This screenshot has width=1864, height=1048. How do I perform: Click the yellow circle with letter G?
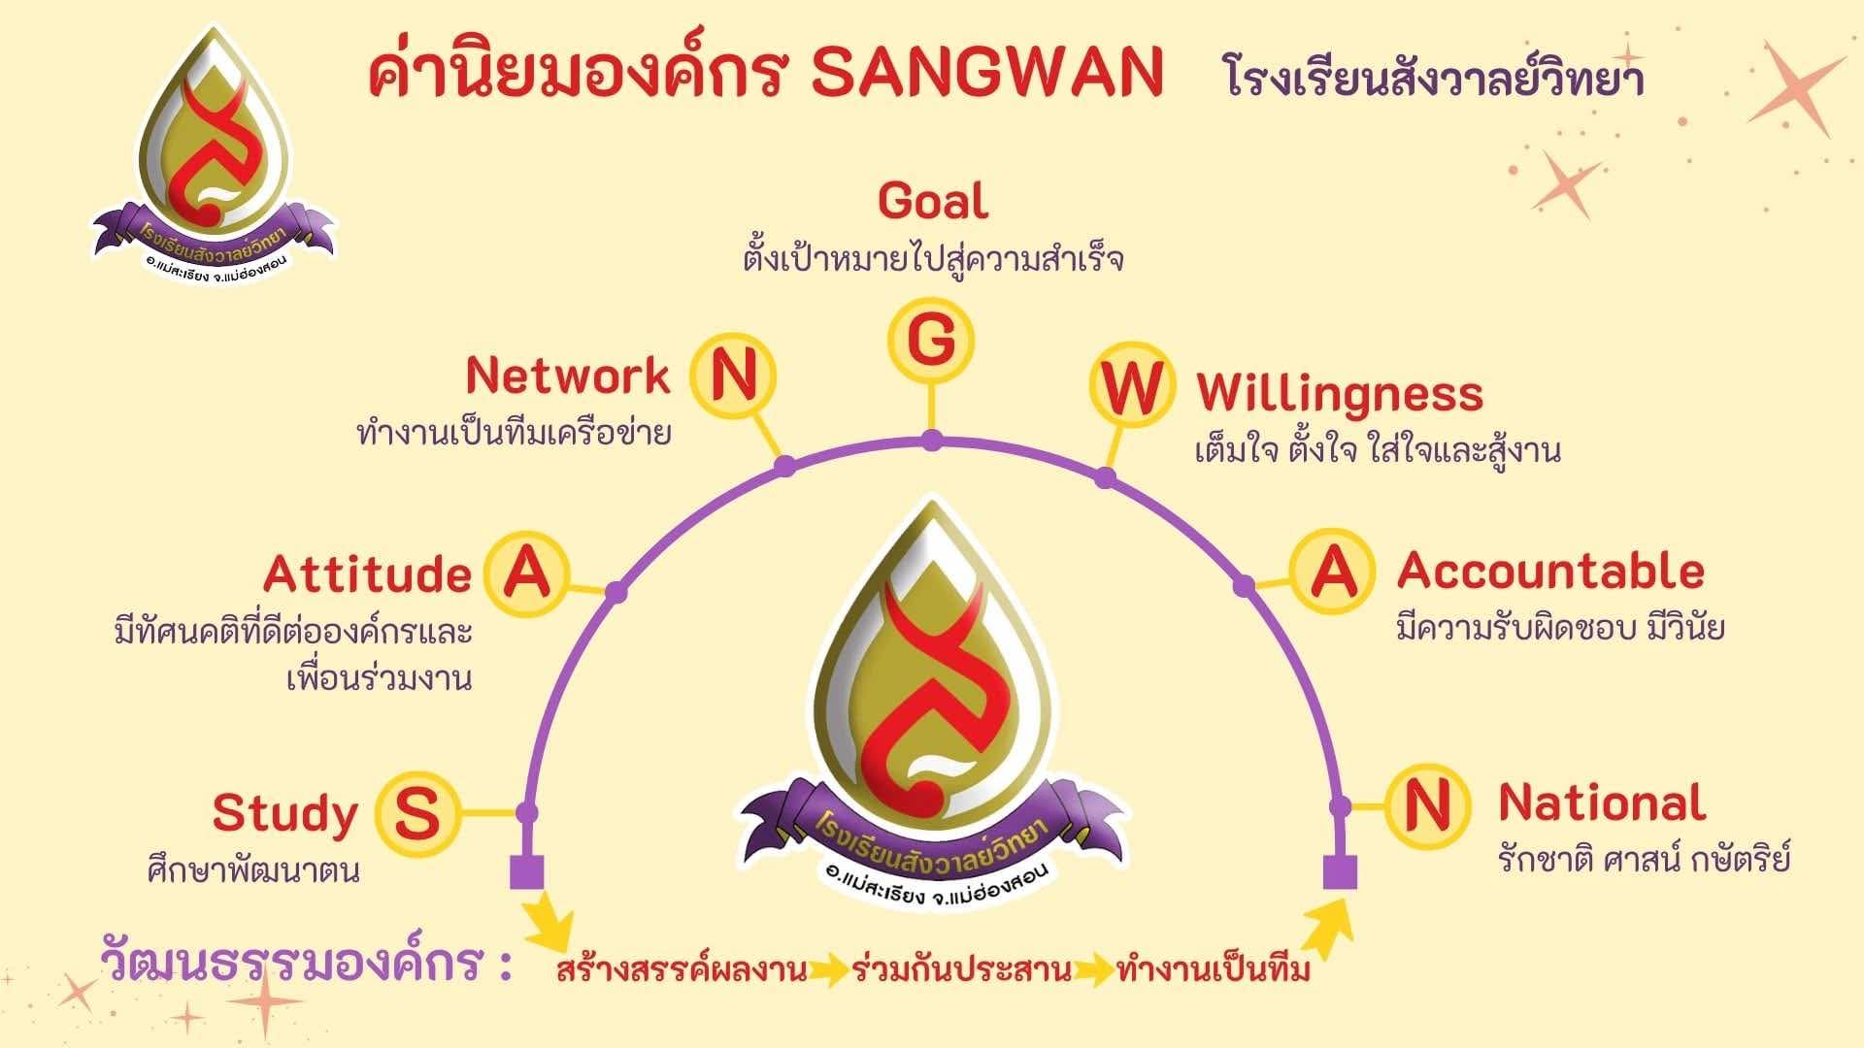coord(931,341)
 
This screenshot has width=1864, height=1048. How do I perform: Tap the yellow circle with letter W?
coord(1131,386)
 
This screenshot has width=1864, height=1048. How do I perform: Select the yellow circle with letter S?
coord(416,813)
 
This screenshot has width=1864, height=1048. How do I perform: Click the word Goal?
coord(933,201)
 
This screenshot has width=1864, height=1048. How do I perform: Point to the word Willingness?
coord(1340,393)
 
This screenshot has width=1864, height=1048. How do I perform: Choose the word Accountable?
coord(1550,571)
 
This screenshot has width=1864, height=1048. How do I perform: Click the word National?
coord(1602,802)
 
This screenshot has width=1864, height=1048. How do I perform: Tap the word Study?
coord(284,814)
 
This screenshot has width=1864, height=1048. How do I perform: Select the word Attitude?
coord(367,574)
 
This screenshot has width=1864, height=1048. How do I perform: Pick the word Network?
coord(568,376)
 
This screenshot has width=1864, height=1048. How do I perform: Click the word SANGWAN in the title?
coord(986,72)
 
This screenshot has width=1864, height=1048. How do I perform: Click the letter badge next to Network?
coord(733,375)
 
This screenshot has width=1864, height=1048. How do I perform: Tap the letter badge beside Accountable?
coord(1333,571)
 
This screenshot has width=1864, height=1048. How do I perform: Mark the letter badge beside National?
coord(1426,805)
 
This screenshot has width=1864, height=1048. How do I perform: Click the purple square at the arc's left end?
coord(526,872)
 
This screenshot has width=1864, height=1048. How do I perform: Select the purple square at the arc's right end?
coord(1340,872)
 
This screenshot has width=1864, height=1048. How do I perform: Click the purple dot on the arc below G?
coord(931,442)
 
